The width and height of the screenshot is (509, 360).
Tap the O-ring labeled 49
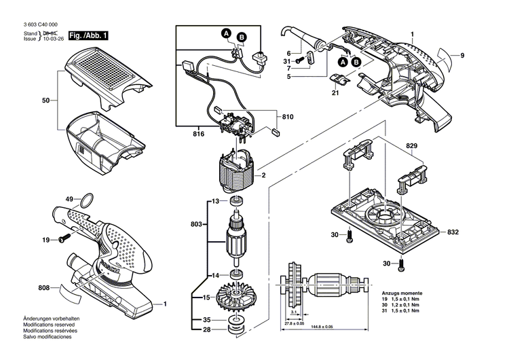87,200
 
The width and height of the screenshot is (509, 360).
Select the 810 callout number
288,117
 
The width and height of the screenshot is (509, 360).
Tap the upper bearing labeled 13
238,202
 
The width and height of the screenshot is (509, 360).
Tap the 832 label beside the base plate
453,232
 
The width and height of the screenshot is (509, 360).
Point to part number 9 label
461,56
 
